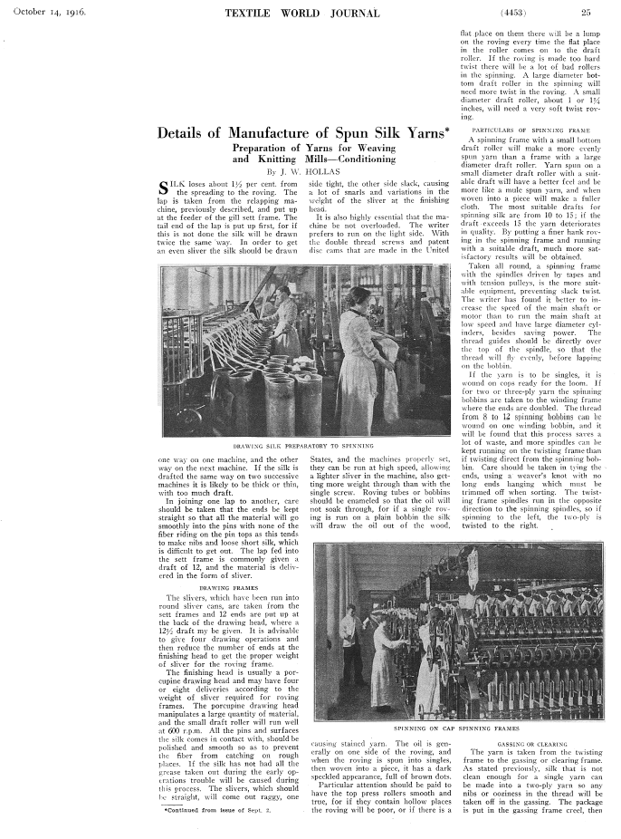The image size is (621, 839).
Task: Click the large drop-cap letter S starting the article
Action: point(165,189)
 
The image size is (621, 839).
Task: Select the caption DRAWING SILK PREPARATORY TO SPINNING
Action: point(303,447)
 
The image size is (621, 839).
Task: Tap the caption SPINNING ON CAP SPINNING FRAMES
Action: point(457,728)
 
